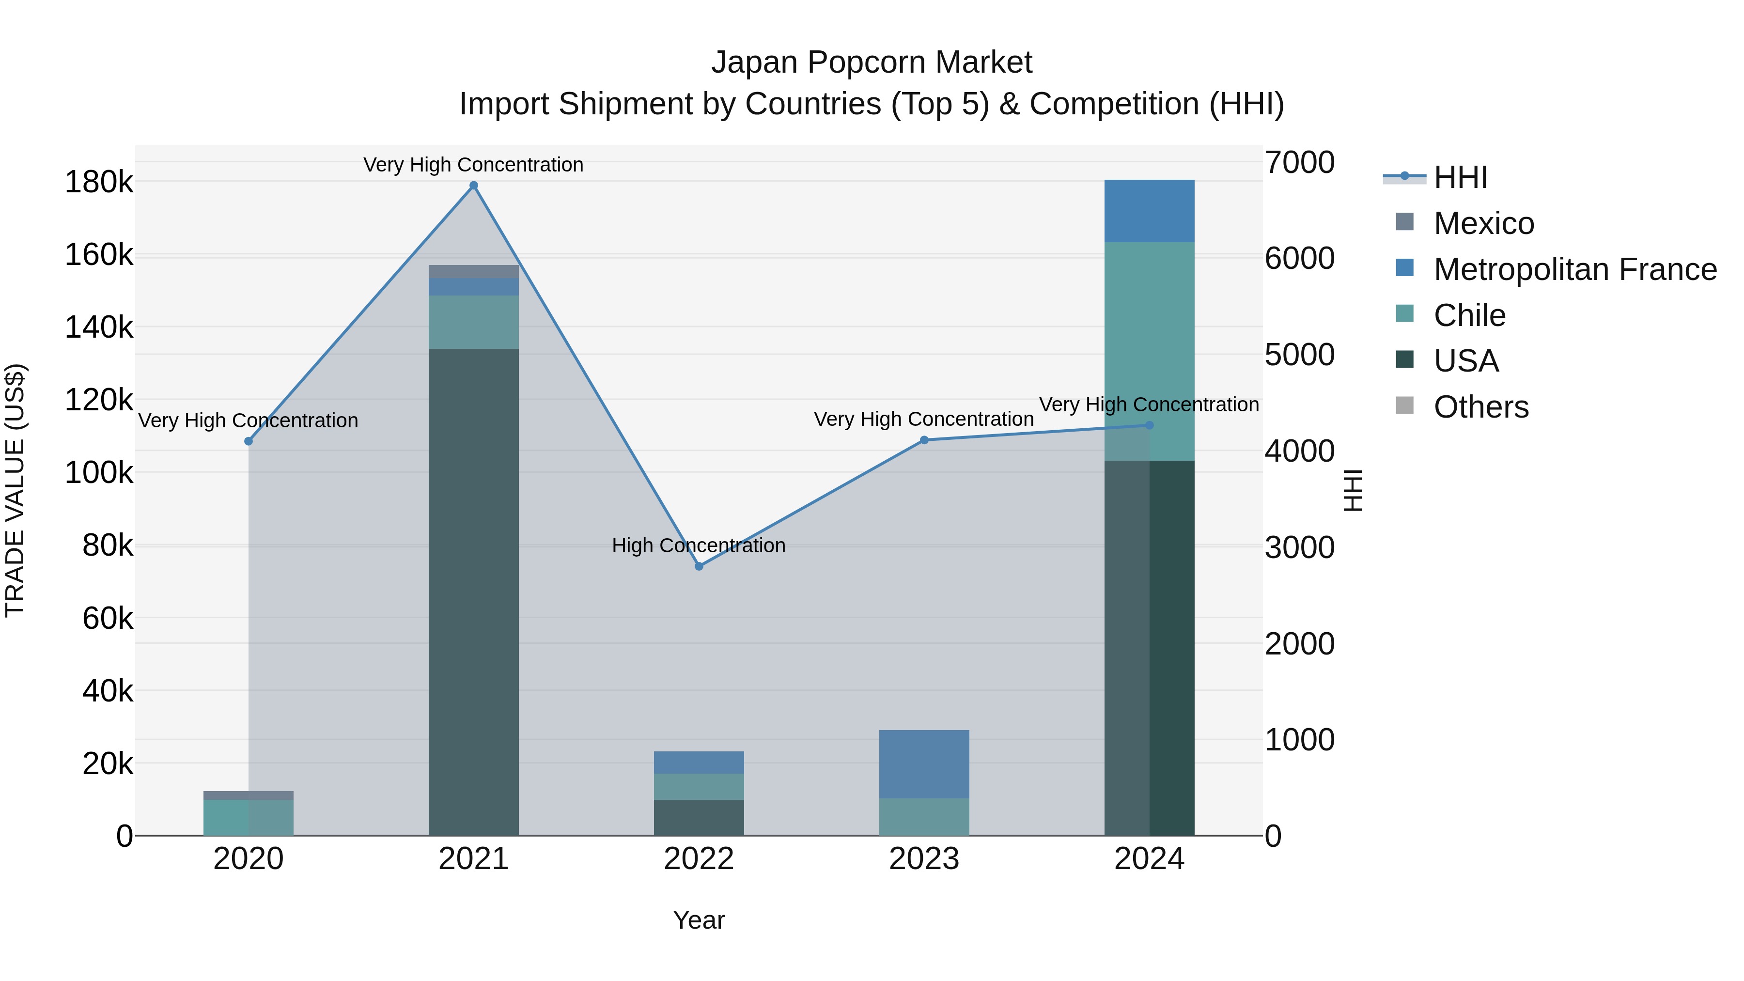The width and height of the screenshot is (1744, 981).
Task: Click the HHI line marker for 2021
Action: coord(473,186)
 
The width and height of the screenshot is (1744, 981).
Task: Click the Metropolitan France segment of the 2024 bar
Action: coord(1149,211)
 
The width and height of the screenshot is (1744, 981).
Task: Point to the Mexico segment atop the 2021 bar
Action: coord(473,271)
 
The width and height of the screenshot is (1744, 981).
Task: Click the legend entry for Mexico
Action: coord(1483,223)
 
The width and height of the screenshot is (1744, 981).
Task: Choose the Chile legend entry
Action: coord(1469,315)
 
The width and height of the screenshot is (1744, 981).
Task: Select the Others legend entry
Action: coord(1480,407)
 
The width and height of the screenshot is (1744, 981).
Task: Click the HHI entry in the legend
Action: coord(1460,177)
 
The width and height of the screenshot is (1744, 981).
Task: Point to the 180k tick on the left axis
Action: coord(99,182)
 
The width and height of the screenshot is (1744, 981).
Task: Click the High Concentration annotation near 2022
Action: coord(699,545)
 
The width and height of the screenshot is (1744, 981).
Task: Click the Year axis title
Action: coord(699,920)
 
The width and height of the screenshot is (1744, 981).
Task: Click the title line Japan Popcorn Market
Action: coord(872,62)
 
